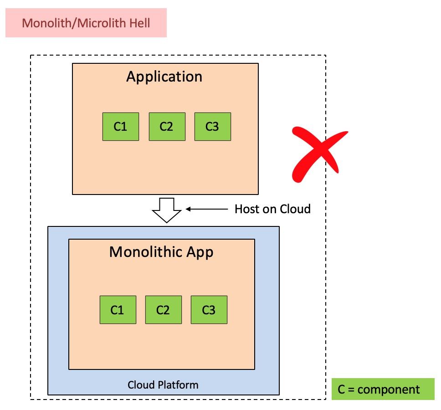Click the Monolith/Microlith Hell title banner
click(86, 23)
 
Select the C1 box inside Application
click(120, 127)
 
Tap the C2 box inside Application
click(167, 127)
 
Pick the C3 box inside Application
click(212, 127)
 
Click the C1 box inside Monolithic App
click(118, 310)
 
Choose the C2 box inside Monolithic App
click(163, 310)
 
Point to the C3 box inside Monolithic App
click(209, 310)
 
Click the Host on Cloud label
click(272, 209)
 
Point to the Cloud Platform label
click(163, 385)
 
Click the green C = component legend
click(383, 389)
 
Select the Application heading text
click(164, 77)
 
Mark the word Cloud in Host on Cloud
click(295, 209)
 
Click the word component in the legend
click(391, 389)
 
